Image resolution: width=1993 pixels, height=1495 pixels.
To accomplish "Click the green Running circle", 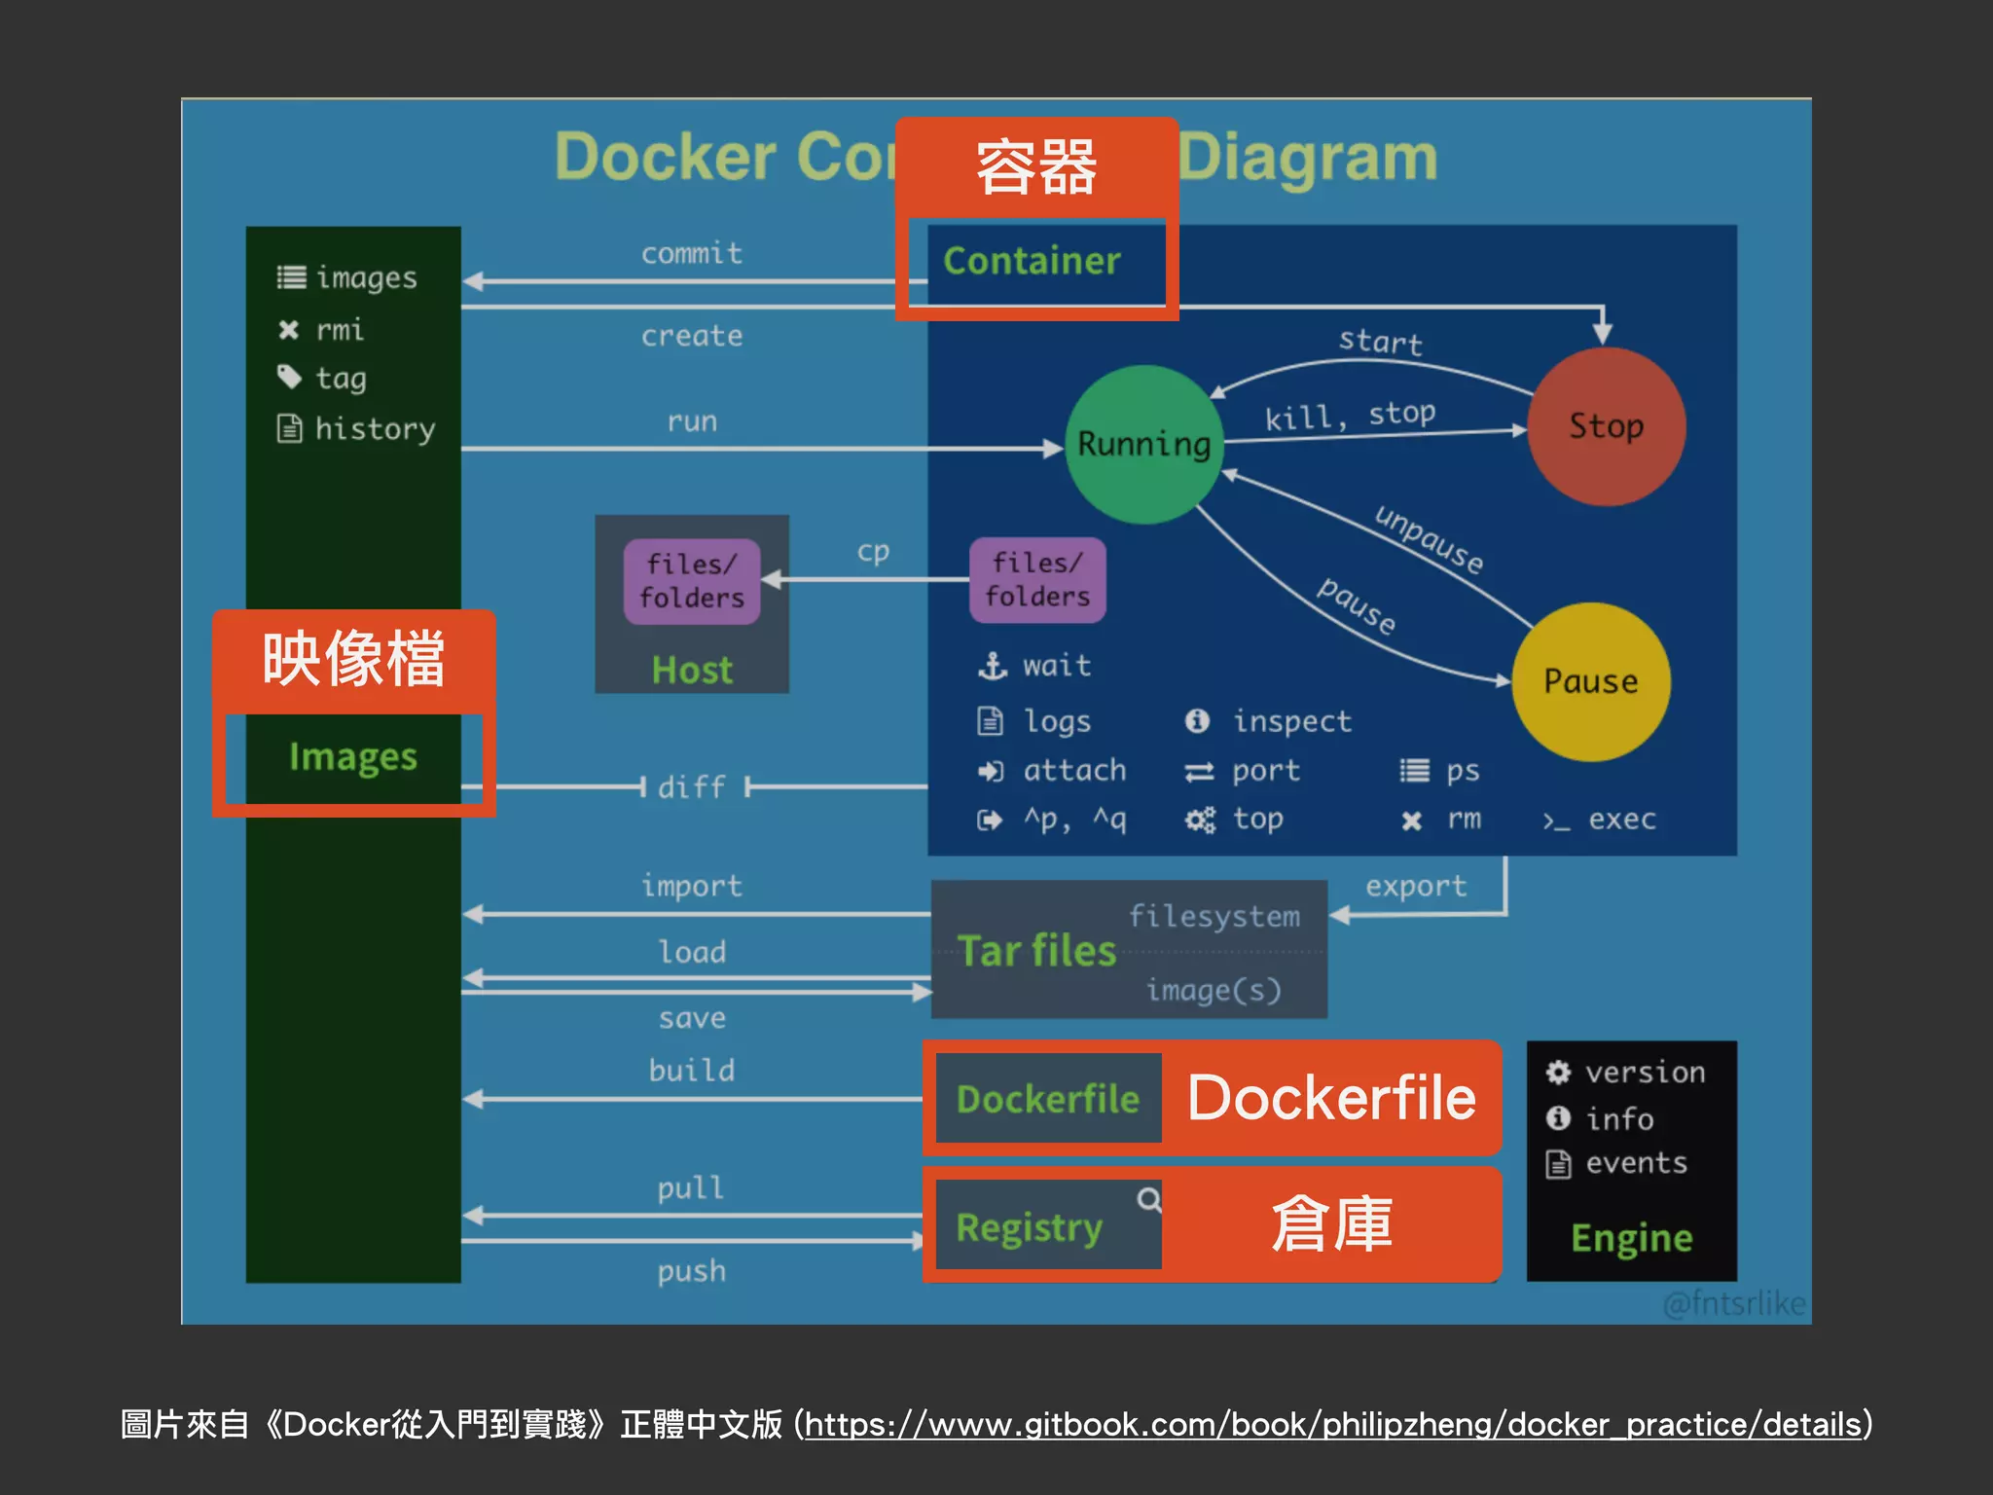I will pyautogui.click(x=1143, y=445).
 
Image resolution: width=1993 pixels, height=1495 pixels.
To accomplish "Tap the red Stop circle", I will pyautogui.click(x=1606, y=426).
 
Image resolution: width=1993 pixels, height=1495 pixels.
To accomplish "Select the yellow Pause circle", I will pyautogui.click(x=1590, y=681).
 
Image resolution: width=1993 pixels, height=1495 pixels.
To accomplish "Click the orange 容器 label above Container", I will pyautogui.click(x=1036, y=168).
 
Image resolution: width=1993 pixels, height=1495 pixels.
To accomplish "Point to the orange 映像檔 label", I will pyautogui.click(x=353, y=660).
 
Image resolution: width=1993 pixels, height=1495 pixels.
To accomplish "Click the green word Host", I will pyautogui.click(x=692, y=671).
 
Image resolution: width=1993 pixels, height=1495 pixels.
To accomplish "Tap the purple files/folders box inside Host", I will pyautogui.click(x=692, y=581).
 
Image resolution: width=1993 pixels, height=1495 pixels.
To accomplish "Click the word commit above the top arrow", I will pyautogui.click(x=692, y=253).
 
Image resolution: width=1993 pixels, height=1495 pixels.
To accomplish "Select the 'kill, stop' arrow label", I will pyautogui.click(x=1350, y=416).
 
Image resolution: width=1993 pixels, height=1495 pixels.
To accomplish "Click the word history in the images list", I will pyautogui.click(x=375, y=428).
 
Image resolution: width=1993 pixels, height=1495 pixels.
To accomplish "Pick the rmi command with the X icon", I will pyautogui.click(x=339, y=330).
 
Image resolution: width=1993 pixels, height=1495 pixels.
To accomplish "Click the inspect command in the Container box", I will pyautogui.click(x=1291, y=721).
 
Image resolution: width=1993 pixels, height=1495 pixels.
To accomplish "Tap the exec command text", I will pyautogui.click(x=1621, y=820).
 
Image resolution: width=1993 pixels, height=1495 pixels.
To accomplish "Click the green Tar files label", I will pyautogui.click(x=1036, y=951).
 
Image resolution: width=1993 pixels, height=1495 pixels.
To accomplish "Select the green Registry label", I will pyautogui.click(x=1029, y=1227).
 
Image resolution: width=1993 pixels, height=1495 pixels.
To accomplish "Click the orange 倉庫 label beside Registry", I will pyautogui.click(x=1331, y=1224).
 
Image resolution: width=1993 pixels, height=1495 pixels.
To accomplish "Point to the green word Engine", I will pyautogui.click(x=1632, y=1238).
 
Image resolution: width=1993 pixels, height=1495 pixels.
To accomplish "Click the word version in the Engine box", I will pyautogui.click(x=1645, y=1073).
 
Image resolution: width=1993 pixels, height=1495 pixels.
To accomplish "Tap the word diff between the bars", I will pyautogui.click(x=692, y=786).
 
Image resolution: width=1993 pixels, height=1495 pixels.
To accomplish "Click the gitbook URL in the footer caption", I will pyautogui.click(x=1332, y=1425).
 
